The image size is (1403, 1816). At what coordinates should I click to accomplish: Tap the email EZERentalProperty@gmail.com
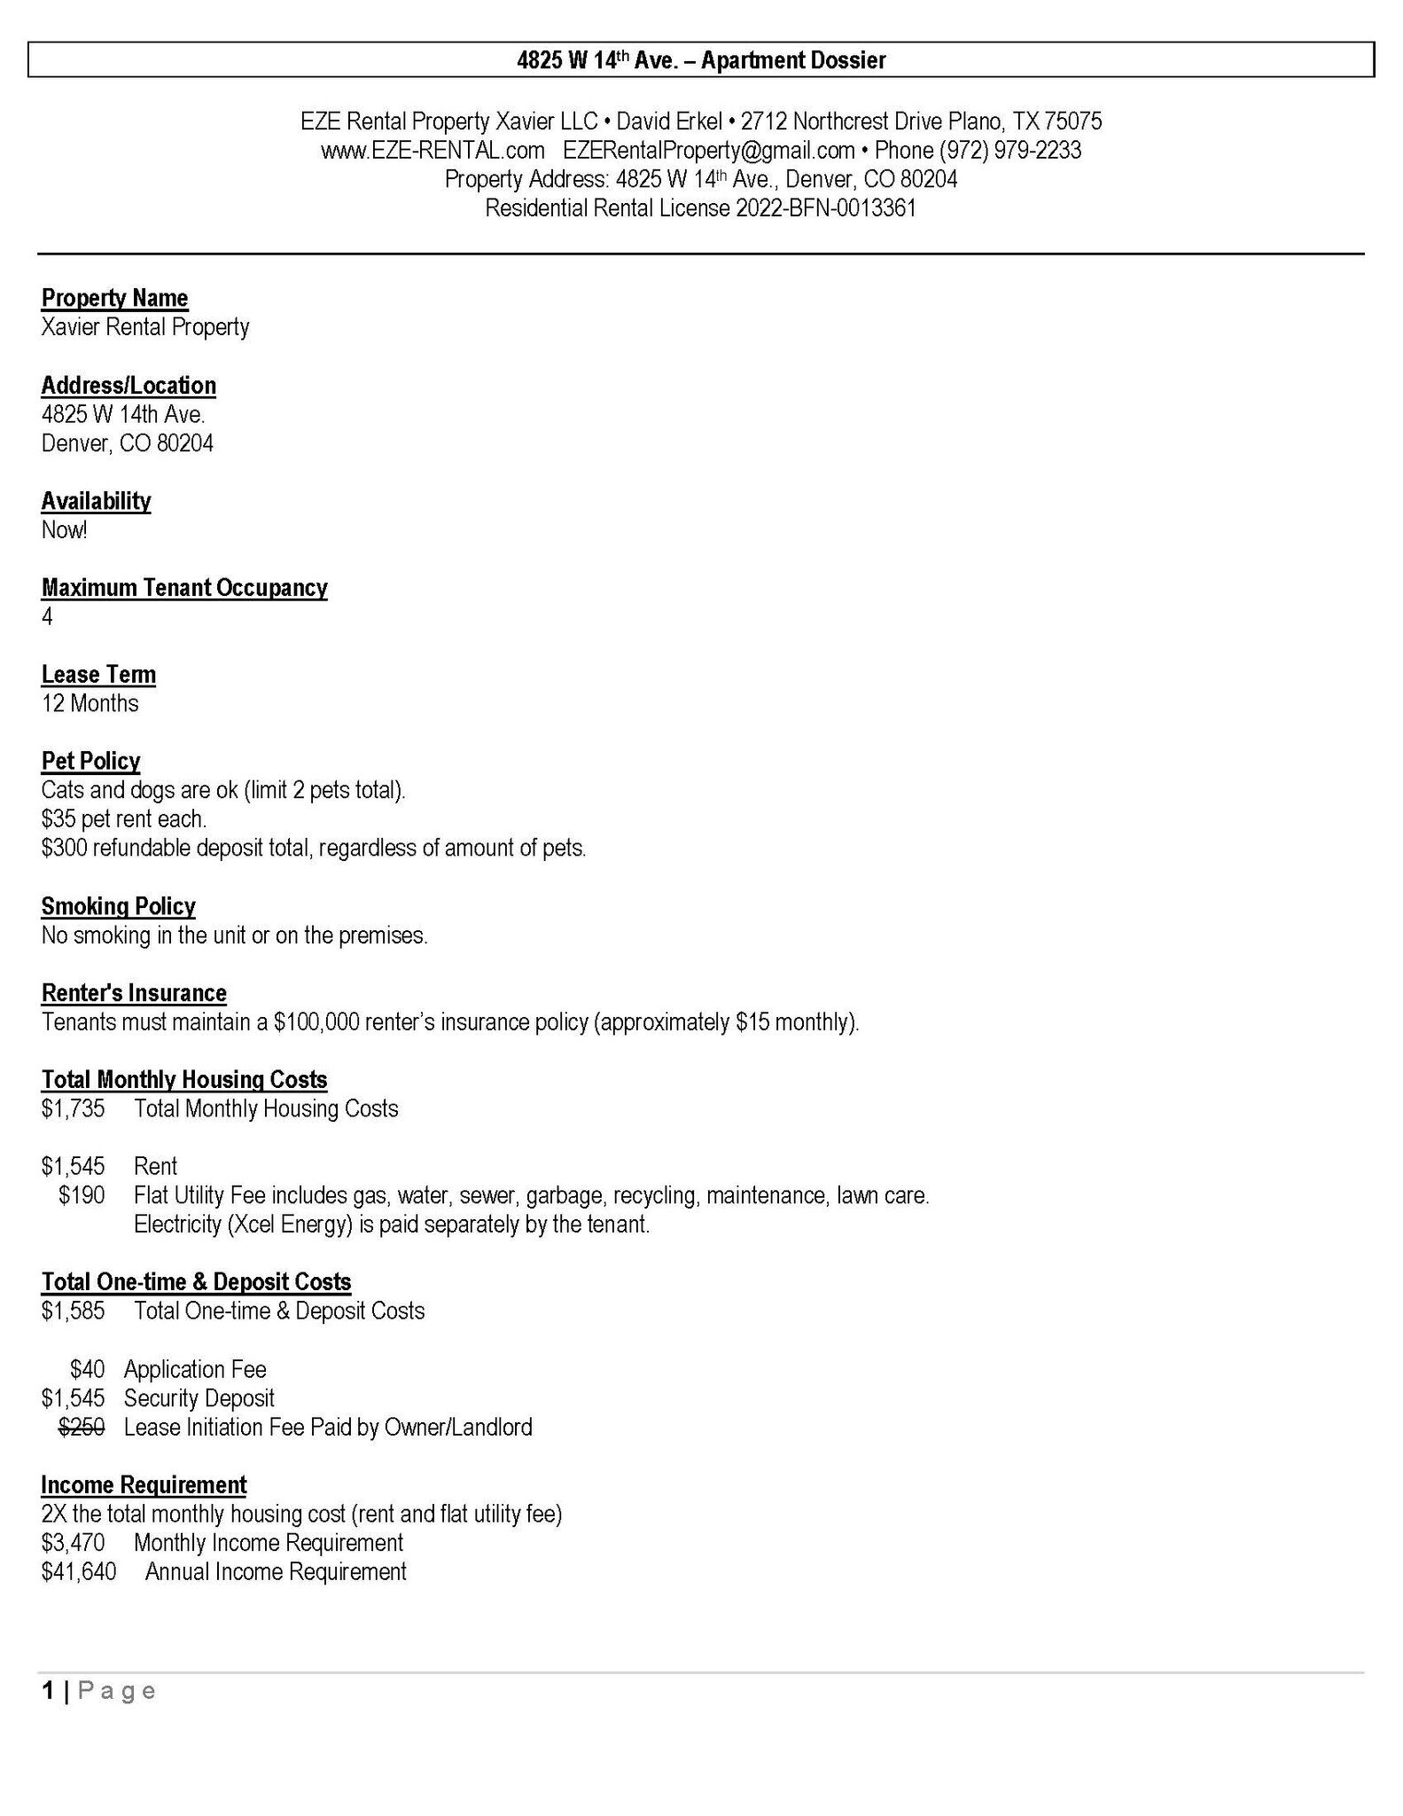tap(709, 150)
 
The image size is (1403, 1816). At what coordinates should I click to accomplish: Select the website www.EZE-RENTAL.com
tap(433, 150)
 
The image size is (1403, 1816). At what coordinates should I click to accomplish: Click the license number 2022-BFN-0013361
tap(826, 208)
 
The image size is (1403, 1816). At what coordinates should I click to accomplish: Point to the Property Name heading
tap(114, 298)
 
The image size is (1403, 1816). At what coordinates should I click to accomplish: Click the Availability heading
tap(96, 501)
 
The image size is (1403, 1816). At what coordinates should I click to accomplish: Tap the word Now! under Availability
tap(64, 530)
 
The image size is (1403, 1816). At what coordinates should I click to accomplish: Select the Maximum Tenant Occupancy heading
tap(184, 588)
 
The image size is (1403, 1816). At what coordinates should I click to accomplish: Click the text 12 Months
tap(90, 703)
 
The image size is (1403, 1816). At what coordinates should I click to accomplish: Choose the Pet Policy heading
tap(90, 761)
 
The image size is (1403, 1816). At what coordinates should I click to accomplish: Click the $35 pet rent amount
tap(58, 818)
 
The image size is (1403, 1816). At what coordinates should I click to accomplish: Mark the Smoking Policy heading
tap(118, 906)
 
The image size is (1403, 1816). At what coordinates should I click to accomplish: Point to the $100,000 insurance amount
tap(316, 1022)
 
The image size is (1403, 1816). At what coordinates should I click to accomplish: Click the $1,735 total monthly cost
tap(73, 1108)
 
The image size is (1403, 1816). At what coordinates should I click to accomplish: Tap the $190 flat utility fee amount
tap(82, 1195)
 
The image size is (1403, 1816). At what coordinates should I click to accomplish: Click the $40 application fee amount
tap(87, 1369)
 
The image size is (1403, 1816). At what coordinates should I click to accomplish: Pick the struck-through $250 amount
tap(82, 1427)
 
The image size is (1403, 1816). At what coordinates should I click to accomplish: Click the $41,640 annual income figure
tap(78, 1571)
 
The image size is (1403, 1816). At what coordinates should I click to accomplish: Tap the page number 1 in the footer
tap(48, 1690)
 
